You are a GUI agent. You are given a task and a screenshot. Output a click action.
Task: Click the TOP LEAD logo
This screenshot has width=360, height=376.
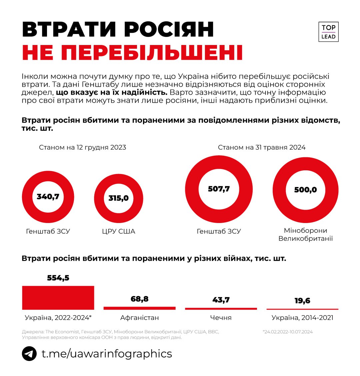click(328, 32)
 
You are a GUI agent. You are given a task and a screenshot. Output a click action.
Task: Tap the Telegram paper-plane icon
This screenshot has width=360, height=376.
click(29, 353)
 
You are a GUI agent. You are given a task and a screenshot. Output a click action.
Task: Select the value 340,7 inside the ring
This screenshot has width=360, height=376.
click(48, 197)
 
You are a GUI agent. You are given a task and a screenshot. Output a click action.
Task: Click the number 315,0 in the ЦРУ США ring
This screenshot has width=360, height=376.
click(118, 198)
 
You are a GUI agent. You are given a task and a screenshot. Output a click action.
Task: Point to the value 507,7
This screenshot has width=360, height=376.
click(219, 189)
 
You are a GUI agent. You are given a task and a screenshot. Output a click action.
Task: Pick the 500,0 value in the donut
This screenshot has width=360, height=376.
click(305, 190)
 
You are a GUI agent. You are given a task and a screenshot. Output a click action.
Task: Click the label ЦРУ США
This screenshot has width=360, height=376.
click(118, 231)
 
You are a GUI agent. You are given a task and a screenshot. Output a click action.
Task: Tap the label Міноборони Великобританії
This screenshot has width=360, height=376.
click(305, 234)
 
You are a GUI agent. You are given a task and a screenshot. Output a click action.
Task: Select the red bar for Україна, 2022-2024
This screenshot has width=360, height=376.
click(58, 298)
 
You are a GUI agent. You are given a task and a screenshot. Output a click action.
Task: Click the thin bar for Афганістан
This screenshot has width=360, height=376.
click(139, 308)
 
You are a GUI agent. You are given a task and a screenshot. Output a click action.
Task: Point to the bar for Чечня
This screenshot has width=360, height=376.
click(221, 309)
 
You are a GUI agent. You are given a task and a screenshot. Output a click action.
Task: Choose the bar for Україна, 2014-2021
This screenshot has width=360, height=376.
click(302, 309)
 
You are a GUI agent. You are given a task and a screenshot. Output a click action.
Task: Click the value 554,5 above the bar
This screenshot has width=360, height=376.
click(58, 278)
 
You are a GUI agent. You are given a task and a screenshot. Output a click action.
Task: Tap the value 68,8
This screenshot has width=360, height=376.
click(139, 299)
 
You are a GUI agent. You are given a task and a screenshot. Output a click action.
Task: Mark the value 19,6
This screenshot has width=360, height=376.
click(302, 301)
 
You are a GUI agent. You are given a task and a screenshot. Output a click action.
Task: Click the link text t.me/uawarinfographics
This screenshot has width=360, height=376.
click(107, 353)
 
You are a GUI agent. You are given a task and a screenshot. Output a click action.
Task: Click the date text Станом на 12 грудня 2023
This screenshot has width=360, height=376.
click(82, 147)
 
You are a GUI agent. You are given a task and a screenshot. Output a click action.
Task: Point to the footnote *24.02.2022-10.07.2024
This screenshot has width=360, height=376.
click(288, 332)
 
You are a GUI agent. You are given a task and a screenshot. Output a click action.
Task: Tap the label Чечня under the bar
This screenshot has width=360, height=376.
click(221, 318)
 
